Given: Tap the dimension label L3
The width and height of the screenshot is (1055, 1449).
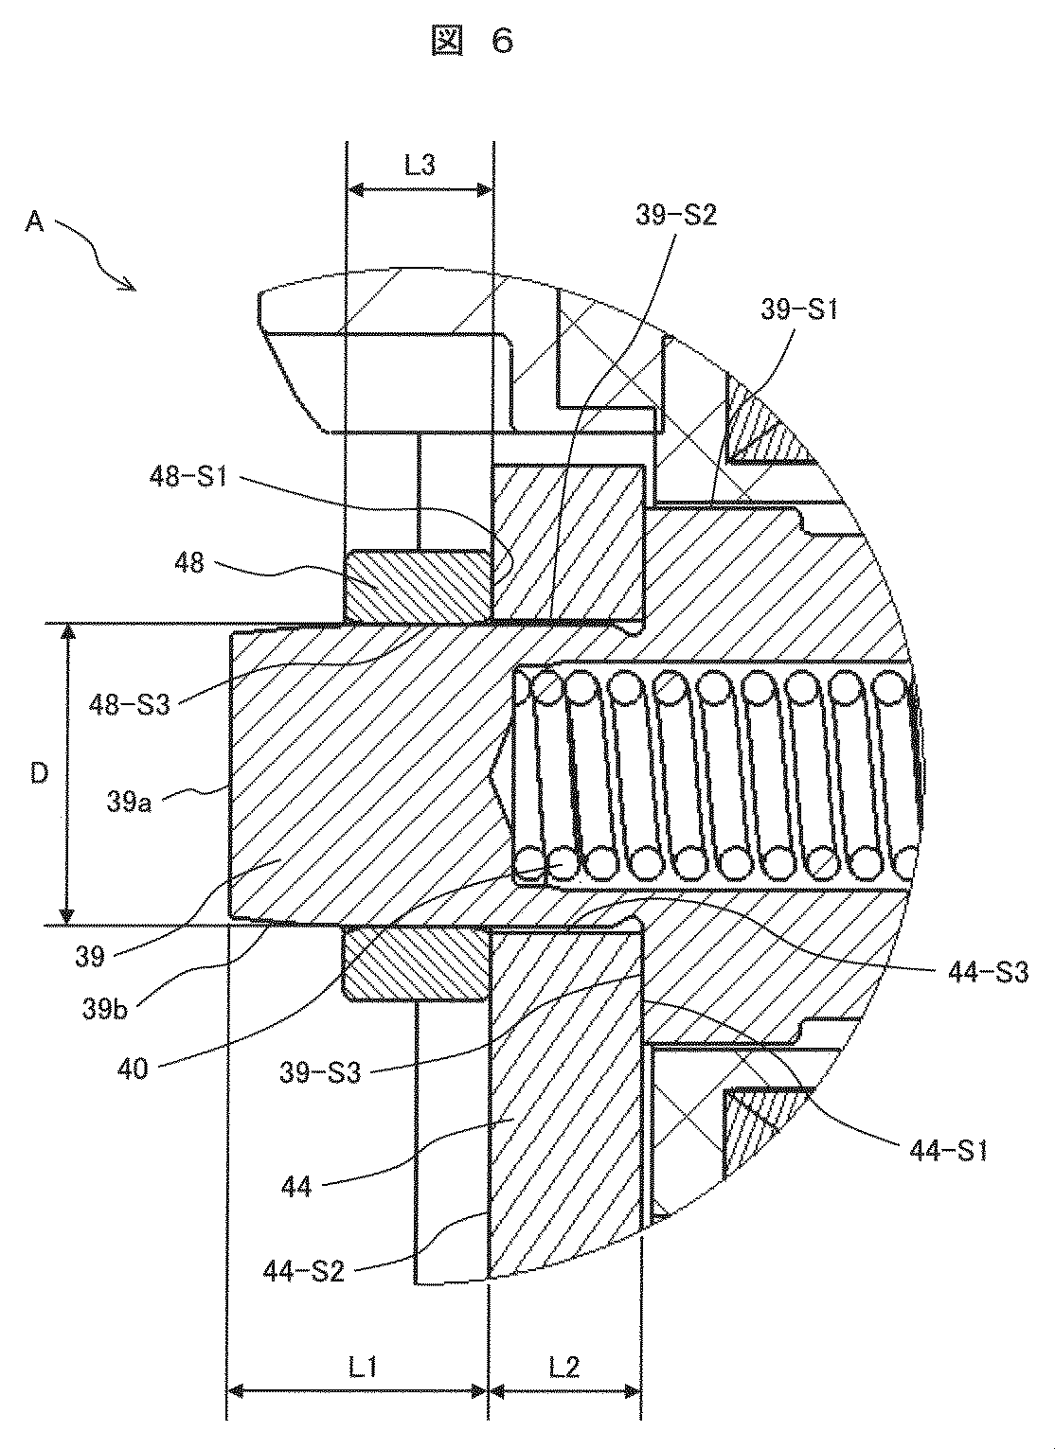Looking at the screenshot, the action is (x=420, y=165).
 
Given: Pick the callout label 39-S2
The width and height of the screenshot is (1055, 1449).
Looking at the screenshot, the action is (x=676, y=215).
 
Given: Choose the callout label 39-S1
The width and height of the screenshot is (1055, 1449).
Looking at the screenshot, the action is (x=798, y=309).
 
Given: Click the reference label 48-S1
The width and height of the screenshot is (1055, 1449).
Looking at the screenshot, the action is (x=188, y=477).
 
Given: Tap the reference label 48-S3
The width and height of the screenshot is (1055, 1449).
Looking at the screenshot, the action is (x=130, y=704).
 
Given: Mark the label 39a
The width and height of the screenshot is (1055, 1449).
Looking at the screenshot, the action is (x=130, y=803).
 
